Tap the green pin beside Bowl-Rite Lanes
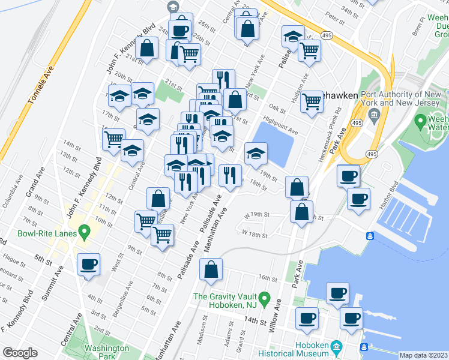pos(85,230)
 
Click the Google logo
pos(19,353)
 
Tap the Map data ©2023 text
pos(423,355)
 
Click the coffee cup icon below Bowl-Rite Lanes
pos(89,264)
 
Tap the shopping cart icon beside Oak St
pos(312,101)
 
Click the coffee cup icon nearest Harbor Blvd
pos(359,199)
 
